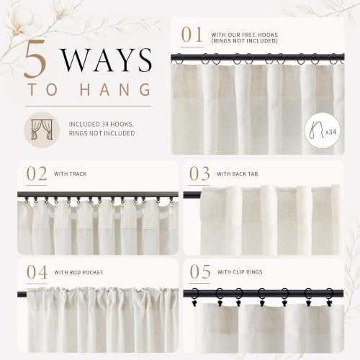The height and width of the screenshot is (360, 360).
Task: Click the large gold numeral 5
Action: click(x=35, y=58)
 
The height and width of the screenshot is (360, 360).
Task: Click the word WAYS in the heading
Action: click(x=107, y=60)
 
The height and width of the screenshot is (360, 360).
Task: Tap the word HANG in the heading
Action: click(x=115, y=89)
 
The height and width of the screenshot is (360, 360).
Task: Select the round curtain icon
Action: click(x=42, y=130)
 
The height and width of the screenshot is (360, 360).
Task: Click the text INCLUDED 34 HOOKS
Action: click(x=102, y=125)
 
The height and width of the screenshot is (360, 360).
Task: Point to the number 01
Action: click(x=192, y=35)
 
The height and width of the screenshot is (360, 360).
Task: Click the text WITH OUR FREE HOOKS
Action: click(x=244, y=35)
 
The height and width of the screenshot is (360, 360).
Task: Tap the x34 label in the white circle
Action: click(x=330, y=132)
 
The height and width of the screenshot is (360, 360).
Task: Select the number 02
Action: click(x=37, y=174)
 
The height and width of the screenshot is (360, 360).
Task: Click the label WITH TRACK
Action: click(x=70, y=174)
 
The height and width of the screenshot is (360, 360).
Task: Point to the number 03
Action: click(x=199, y=174)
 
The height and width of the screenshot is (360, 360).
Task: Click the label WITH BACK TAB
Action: click(x=238, y=174)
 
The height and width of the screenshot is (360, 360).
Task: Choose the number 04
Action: click(x=37, y=272)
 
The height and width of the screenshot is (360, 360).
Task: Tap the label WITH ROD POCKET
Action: click(x=78, y=272)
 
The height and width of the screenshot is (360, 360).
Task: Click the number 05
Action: click(x=200, y=272)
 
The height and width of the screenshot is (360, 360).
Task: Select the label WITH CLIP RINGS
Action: click(x=240, y=272)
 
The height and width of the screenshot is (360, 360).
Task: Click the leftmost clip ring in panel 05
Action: click(x=194, y=297)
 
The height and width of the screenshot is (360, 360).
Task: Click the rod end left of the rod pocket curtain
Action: click(x=22, y=294)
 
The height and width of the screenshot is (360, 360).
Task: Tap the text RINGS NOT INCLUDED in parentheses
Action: click(x=244, y=41)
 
